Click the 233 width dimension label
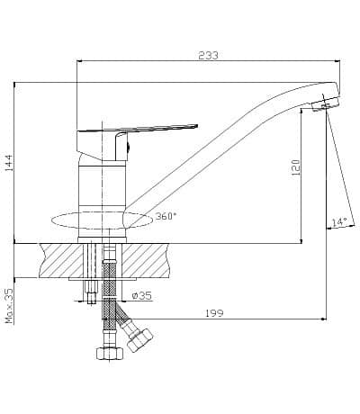coord(208,56)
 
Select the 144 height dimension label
coord(9,163)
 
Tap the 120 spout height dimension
coord(296,167)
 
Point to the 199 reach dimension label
coord(214,313)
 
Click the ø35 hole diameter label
coord(142,296)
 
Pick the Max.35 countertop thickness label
coord(10,306)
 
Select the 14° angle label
coord(339,222)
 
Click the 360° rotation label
coord(165,216)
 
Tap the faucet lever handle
coord(138,128)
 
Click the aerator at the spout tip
coord(325,104)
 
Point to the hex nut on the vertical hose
coord(110,353)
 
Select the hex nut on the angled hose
coord(139,340)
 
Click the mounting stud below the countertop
coord(91,292)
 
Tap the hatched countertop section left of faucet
coord(61,260)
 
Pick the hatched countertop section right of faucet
coord(146,260)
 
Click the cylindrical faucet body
coord(102,198)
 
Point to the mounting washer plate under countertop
coord(103,279)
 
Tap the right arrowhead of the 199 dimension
coord(324,319)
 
